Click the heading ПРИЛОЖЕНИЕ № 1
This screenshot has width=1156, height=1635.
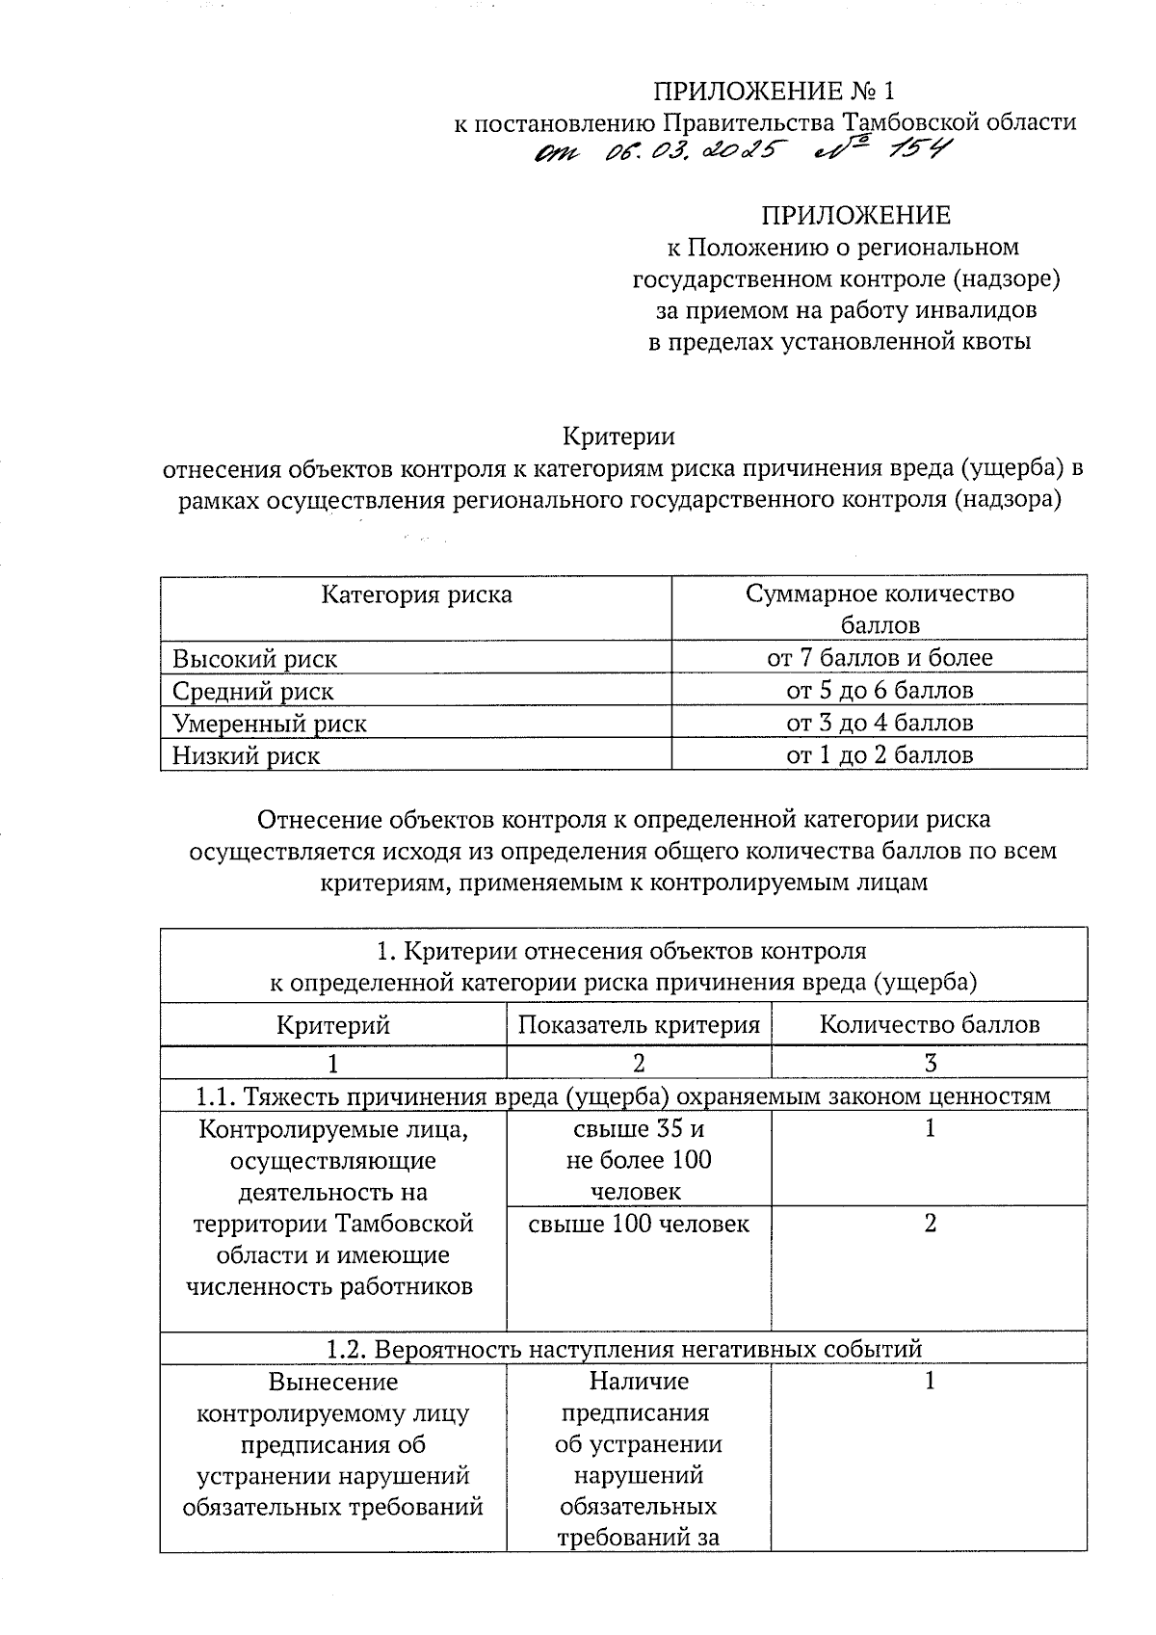775,92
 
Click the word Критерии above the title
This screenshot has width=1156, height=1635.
619,436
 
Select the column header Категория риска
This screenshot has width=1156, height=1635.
416,594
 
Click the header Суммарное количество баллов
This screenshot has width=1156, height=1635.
880,609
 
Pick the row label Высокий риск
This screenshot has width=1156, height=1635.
255,659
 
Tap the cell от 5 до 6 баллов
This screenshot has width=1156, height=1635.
880,691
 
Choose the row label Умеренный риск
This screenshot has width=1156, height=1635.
270,723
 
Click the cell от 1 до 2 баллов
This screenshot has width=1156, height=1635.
880,754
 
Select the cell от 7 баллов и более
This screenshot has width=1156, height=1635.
880,658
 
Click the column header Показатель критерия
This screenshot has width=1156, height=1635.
639,1024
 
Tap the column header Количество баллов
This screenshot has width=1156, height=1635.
930,1024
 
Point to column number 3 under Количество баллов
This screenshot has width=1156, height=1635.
930,1063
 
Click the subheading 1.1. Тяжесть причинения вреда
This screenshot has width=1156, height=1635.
623,1095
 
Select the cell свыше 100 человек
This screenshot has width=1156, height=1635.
639,1224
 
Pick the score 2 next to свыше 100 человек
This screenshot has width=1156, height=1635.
930,1224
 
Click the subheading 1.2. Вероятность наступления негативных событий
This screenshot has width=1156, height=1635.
623,1349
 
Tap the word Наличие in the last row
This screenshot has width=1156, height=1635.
639,1382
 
